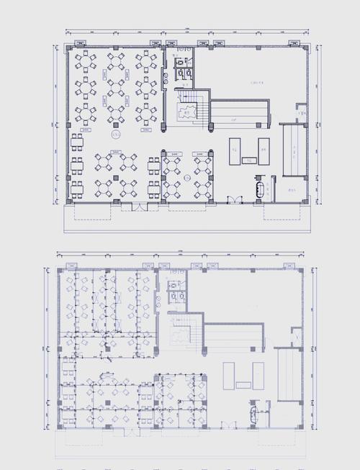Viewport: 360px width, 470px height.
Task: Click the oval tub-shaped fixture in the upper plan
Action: (258, 189)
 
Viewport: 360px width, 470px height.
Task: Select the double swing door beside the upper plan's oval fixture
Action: (232, 199)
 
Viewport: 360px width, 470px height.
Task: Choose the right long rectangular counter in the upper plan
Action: (264, 149)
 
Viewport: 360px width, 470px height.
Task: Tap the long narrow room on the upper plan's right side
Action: (294, 150)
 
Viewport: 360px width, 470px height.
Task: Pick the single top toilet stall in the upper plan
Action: (179, 63)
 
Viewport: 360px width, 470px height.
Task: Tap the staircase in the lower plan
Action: (180, 330)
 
